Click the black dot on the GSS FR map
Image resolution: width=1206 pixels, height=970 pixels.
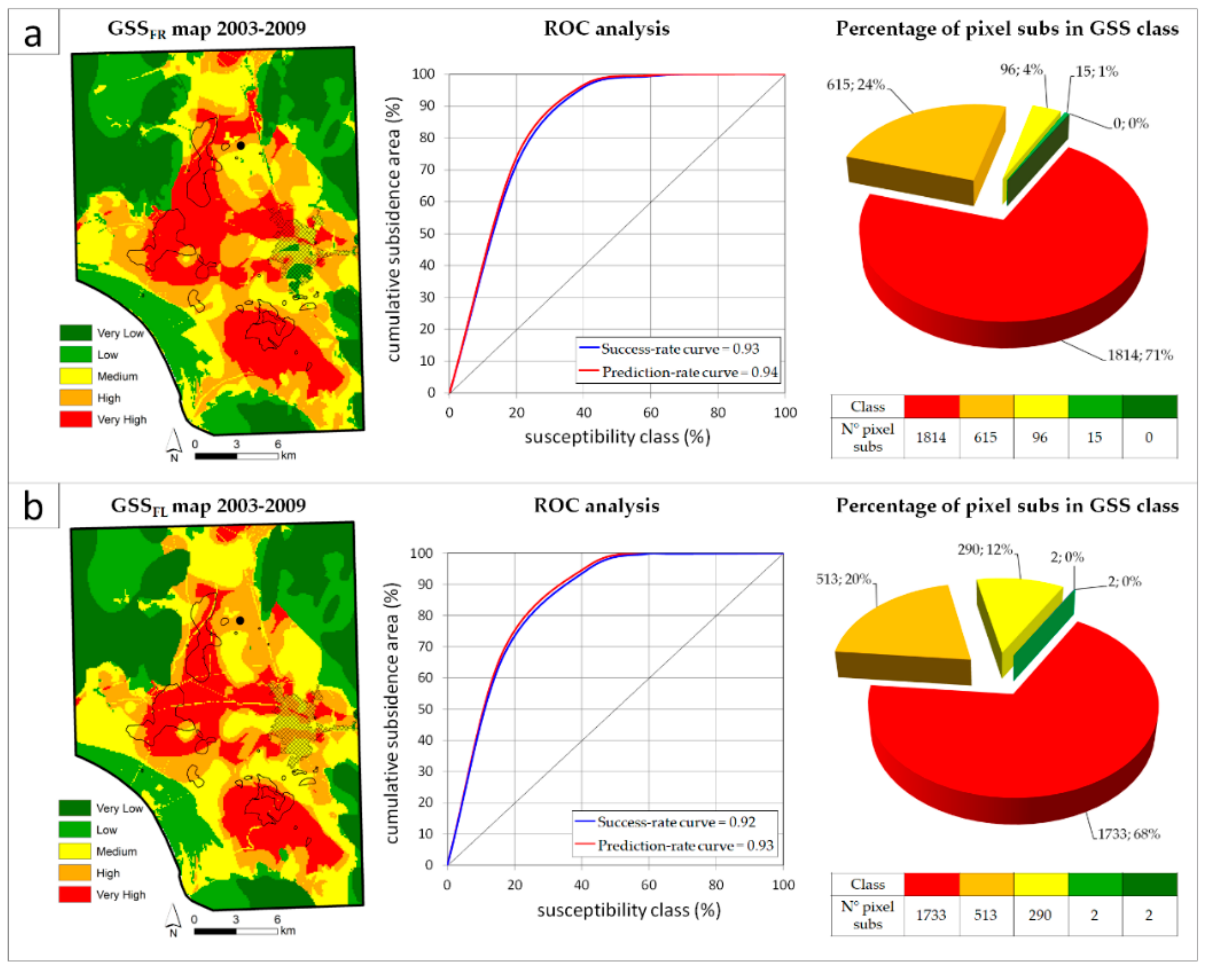(x=241, y=145)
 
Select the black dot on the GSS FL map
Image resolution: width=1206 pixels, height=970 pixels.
(x=240, y=620)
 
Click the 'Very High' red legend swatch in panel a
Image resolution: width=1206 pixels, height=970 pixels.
(x=76, y=419)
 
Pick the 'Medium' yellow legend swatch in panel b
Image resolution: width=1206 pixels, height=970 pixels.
(x=74, y=851)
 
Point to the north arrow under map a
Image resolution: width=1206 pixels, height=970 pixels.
(x=174, y=442)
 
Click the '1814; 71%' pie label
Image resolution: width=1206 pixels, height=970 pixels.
(x=1140, y=355)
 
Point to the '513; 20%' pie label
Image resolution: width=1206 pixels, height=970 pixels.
(x=843, y=579)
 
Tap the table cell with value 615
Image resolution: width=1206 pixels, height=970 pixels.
(x=985, y=437)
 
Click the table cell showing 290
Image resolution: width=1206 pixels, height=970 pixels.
(x=1040, y=915)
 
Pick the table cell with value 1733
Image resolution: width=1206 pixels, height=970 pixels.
(x=931, y=915)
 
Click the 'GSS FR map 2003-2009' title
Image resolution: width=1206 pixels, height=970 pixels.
(x=207, y=29)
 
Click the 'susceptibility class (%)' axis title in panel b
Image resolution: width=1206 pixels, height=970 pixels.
(x=628, y=910)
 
